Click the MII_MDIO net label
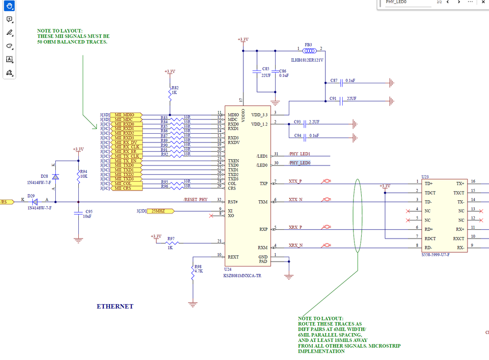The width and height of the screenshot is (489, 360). point(125,115)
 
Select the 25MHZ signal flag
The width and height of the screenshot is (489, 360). point(159,211)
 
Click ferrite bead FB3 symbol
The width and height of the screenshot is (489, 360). point(309,49)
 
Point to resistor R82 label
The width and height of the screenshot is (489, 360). point(175,88)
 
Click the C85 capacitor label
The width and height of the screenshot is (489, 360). point(266,69)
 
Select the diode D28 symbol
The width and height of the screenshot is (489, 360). point(55,176)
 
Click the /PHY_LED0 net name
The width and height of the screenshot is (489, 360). point(300,163)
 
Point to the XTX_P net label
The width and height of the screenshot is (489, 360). point(295,181)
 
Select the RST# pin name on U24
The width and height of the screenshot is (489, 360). point(233,202)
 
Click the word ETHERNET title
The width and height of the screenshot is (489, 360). point(115,307)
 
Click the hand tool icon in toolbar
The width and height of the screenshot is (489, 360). point(9,6)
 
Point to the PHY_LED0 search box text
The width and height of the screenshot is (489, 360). point(396,2)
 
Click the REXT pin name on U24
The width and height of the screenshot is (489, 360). point(233,257)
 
